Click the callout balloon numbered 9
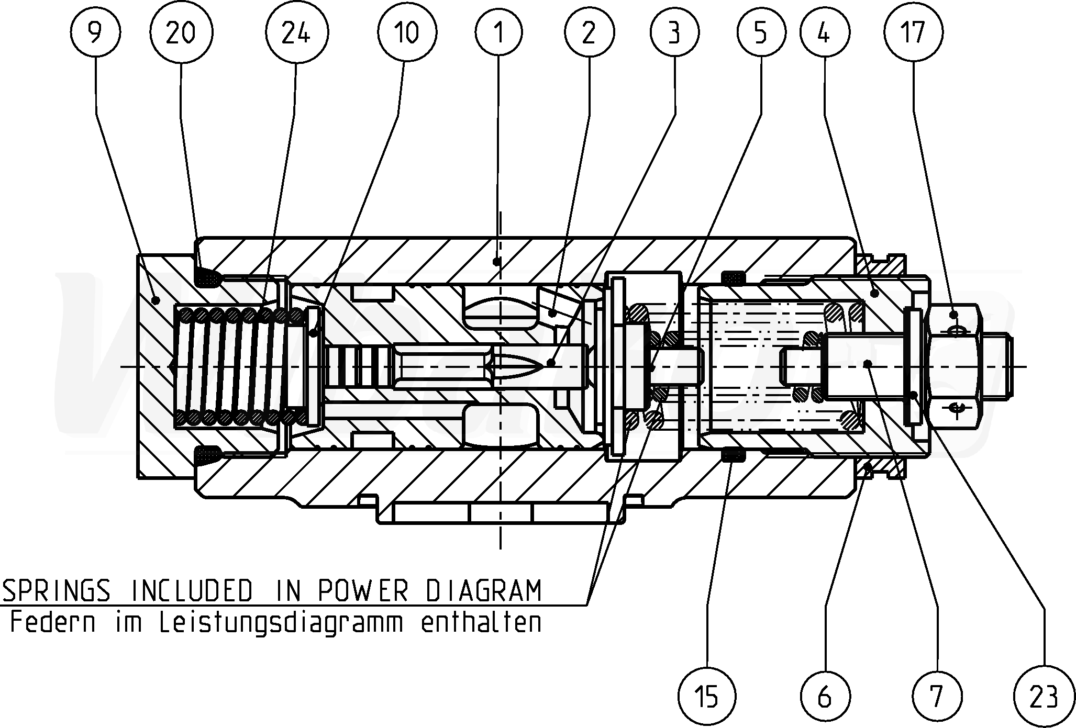(94, 33)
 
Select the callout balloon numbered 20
(181, 33)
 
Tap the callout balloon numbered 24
(296, 33)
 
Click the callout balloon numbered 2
(589, 33)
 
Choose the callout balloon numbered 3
(674, 33)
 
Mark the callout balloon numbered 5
(761, 33)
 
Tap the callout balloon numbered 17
(913, 33)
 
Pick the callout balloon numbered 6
(824, 696)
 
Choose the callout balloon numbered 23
(1043, 696)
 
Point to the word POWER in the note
(362, 591)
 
